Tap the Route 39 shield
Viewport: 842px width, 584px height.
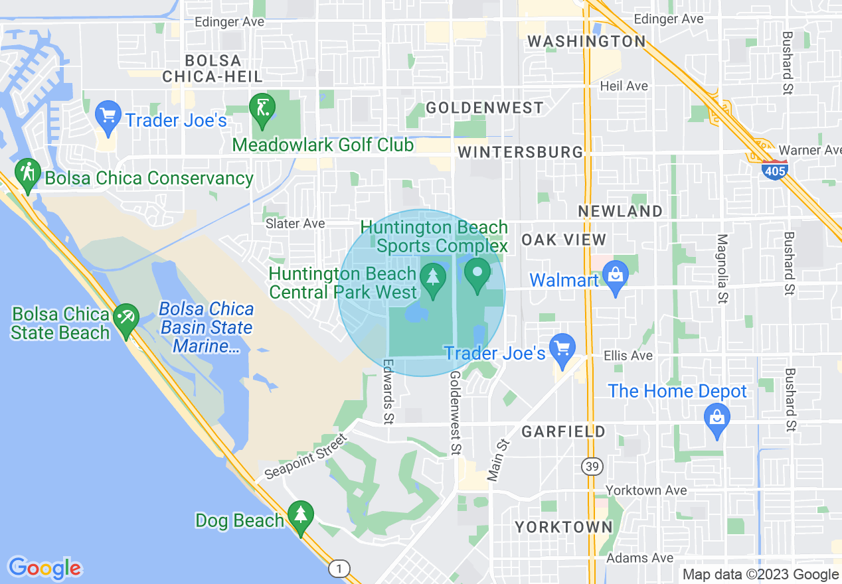coord(592,467)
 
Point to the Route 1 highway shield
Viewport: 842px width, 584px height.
coord(339,569)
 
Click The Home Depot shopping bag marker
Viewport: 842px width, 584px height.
coord(716,418)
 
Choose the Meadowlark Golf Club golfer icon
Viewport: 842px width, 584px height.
coord(262,107)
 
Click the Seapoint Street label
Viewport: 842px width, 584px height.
coord(306,457)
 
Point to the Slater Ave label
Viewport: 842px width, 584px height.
coord(295,224)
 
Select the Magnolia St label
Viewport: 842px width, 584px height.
coord(722,269)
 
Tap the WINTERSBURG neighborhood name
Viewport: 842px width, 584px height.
coord(521,152)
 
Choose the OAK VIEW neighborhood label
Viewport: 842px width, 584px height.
coord(564,240)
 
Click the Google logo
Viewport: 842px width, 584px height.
coord(45,568)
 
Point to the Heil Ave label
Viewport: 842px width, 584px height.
coord(624,86)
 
